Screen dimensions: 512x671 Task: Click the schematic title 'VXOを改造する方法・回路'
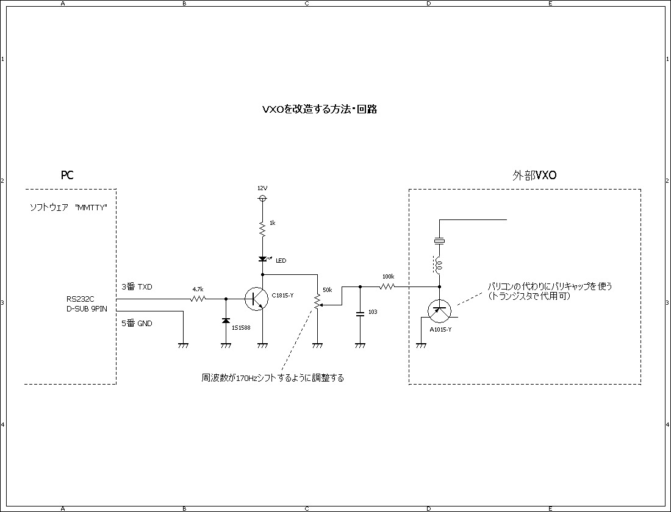(x=319, y=110)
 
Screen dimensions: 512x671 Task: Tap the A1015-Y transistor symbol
(x=439, y=310)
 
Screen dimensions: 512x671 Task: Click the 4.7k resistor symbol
(x=198, y=299)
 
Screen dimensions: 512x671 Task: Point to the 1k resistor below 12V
(x=262, y=229)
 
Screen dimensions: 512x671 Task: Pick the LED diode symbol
(x=262, y=259)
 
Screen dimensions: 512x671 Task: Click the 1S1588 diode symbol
(x=226, y=321)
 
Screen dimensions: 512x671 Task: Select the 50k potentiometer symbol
(x=317, y=300)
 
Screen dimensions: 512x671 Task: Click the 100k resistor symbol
(x=388, y=286)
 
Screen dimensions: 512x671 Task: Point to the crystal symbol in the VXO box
(x=439, y=241)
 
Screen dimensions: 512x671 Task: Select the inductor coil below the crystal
(x=439, y=265)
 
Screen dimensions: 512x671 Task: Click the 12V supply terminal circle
(x=262, y=199)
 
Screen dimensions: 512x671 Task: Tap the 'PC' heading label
(x=67, y=176)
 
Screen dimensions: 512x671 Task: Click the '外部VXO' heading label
(x=534, y=176)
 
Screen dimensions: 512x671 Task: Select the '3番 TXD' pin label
(x=136, y=286)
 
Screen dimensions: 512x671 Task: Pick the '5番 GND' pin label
(x=137, y=323)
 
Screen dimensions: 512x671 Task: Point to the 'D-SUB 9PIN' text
(x=87, y=309)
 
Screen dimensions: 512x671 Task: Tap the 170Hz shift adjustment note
(x=273, y=378)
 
